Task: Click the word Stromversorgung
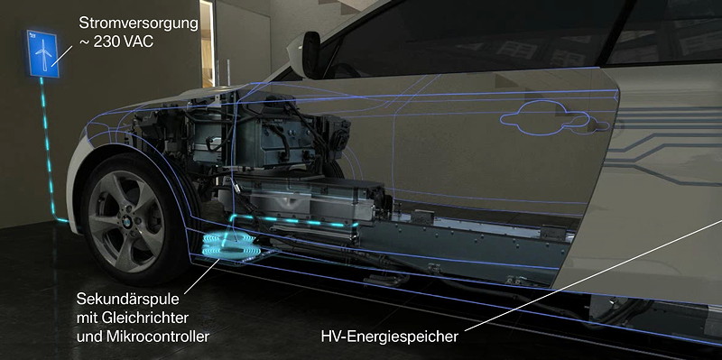[x=139, y=23]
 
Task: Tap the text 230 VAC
[x=124, y=42]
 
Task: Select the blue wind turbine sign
[x=42, y=53]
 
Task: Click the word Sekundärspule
[x=127, y=300]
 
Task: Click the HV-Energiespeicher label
[x=390, y=337]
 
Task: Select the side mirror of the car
[x=311, y=54]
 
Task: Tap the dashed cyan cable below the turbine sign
[x=49, y=148]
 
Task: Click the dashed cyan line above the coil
[x=295, y=220]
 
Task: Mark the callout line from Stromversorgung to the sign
[x=61, y=55]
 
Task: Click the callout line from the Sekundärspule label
[x=202, y=274]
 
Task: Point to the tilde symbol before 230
[x=84, y=42]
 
